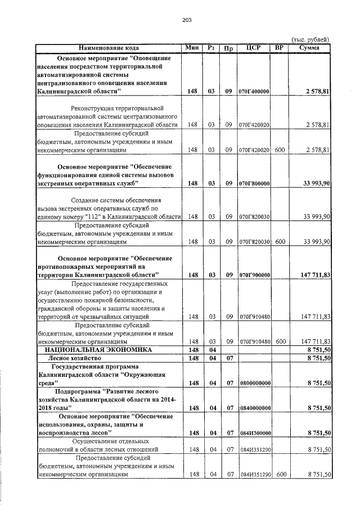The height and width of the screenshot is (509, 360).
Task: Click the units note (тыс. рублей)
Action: point(309,39)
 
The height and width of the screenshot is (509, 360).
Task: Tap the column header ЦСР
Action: point(254,47)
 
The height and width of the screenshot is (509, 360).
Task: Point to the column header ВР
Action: point(278,47)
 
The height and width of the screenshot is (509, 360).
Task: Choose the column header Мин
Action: point(192,47)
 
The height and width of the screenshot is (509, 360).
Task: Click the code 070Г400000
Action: point(254,91)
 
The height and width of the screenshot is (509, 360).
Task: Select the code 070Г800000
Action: point(254,184)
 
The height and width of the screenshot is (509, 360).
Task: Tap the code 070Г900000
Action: point(254,275)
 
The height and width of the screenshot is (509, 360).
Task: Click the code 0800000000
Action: point(254,383)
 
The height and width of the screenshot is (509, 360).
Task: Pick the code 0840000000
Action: point(254,407)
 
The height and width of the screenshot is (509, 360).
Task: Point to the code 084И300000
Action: point(254,433)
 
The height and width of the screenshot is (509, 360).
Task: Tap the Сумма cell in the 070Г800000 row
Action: point(316,184)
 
